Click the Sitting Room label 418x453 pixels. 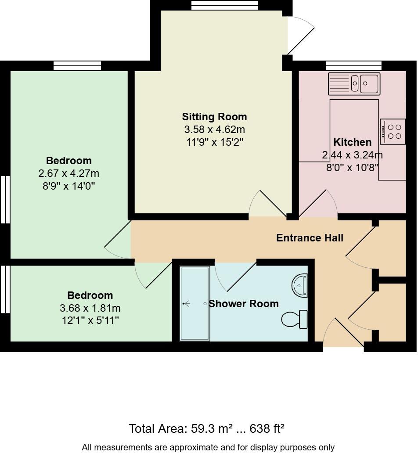214,117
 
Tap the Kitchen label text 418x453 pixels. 353,142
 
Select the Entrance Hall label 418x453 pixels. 310,238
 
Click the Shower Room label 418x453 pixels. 244,304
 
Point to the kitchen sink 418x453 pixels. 354,84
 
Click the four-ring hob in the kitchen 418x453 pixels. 393,132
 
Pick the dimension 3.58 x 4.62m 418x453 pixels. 214,130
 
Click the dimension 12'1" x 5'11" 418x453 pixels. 90,320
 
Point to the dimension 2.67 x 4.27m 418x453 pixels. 69,173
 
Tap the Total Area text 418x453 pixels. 207,428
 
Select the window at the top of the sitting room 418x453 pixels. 225,5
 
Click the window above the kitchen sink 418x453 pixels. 353,66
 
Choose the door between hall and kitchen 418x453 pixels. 319,204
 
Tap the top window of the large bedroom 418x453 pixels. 77,66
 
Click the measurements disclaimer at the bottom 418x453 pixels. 208,447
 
